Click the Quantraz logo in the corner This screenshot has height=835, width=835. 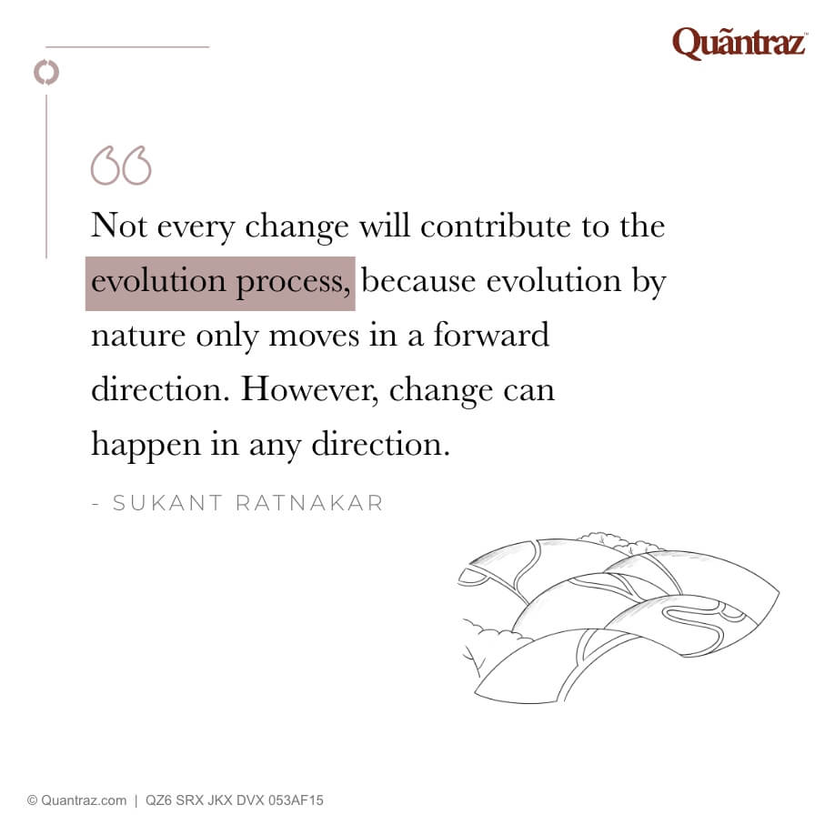[739, 43]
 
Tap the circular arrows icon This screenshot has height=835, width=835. [45, 72]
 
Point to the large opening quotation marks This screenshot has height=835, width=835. [121, 166]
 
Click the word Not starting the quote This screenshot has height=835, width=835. [119, 225]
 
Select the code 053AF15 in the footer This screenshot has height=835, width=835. [291, 800]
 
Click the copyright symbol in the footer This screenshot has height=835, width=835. [32, 800]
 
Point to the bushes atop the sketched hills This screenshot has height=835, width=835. [604, 541]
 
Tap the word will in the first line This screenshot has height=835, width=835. [384, 225]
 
